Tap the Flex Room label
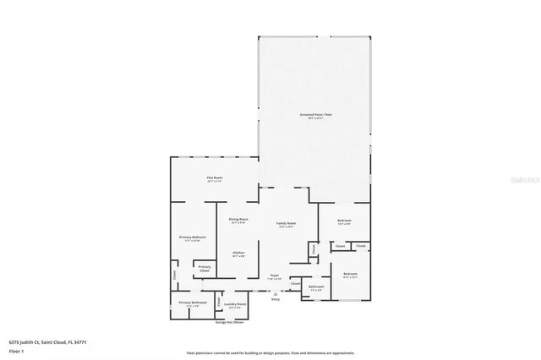pos(215,177)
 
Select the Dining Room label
pos(238,220)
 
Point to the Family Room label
pos(286,223)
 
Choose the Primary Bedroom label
pos(192,238)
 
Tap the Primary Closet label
pos(205,269)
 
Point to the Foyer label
pos(275,275)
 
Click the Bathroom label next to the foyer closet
pos(316,287)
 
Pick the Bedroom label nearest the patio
pos(344,221)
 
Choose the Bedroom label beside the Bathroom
pos(350,274)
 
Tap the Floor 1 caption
pos(16,349)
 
